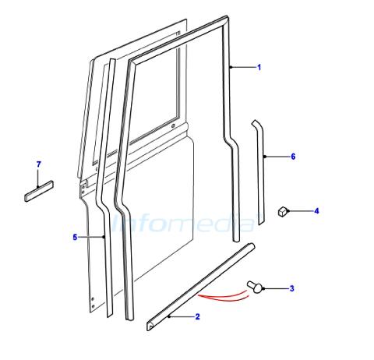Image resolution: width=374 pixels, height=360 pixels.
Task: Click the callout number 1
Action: tap(259, 68)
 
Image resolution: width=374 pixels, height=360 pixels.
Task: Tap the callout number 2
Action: tap(197, 316)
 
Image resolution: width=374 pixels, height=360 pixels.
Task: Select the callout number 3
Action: tap(291, 288)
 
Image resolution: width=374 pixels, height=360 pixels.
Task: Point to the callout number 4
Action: tap(316, 211)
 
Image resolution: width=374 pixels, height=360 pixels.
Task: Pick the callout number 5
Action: tap(75, 237)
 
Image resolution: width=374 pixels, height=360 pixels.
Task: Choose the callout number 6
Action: tap(293, 157)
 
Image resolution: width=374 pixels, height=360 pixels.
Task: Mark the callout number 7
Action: tap(39, 164)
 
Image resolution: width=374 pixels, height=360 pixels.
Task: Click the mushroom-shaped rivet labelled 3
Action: tap(255, 287)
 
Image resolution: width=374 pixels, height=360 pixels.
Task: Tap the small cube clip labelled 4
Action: tap(283, 211)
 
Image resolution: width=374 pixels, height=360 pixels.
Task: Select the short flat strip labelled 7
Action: tap(39, 191)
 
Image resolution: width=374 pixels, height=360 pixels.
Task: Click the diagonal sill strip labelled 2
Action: tap(200, 287)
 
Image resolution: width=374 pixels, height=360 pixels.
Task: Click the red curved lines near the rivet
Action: tap(223, 297)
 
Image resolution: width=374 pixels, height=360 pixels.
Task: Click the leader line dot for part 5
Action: tap(104, 237)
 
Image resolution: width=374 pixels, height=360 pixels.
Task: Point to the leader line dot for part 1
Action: tap(231, 67)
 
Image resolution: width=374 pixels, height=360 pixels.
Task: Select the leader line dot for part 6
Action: tap(264, 157)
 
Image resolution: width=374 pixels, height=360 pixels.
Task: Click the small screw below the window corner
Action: tap(173, 126)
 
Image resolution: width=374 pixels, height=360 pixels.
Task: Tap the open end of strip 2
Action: tap(150, 326)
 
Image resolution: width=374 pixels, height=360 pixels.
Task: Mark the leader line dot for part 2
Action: tap(169, 316)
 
